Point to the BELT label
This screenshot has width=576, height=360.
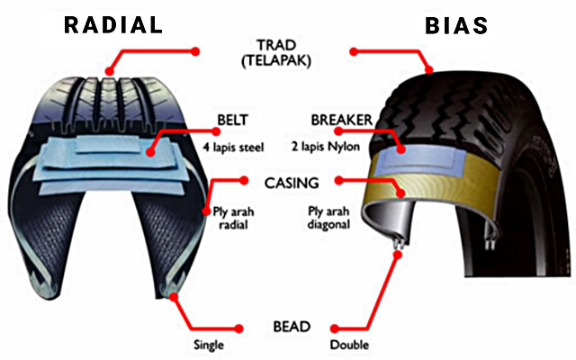(232, 120)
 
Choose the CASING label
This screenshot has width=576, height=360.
(292, 183)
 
